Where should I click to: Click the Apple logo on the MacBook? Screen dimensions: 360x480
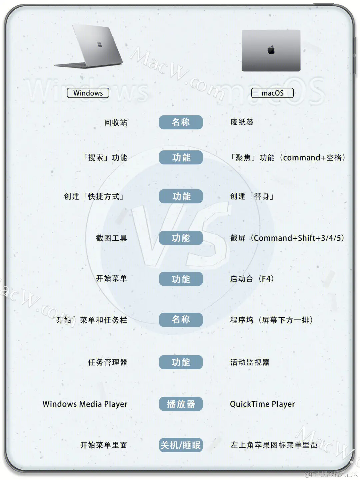click(271, 50)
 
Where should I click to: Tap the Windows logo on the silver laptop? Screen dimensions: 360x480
click(100, 45)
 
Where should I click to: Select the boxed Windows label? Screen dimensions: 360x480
click(88, 93)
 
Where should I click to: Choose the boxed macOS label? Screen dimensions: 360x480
click(272, 93)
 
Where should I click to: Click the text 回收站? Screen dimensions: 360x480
click(116, 123)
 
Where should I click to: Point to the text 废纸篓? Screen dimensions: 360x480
click(242, 122)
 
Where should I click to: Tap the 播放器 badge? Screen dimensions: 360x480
click(181, 404)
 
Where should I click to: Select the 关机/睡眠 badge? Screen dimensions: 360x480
click(181, 445)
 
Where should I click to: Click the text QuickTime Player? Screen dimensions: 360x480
click(262, 404)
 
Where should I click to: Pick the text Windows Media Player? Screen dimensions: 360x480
click(85, 404)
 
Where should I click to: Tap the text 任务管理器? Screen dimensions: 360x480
click(107, 362)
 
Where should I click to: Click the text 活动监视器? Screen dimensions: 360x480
click(250, 362)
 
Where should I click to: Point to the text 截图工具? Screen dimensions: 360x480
click(111, 238)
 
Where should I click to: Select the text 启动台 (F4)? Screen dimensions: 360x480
click(252, 279)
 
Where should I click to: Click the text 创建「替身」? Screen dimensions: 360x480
click(252, 196)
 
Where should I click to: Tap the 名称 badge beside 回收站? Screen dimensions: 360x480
click(181, 122)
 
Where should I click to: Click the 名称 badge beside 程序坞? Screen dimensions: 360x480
click(181, 320)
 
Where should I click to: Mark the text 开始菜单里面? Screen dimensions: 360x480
click(103, 445)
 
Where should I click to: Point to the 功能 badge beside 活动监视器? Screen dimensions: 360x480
click(181, 362)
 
